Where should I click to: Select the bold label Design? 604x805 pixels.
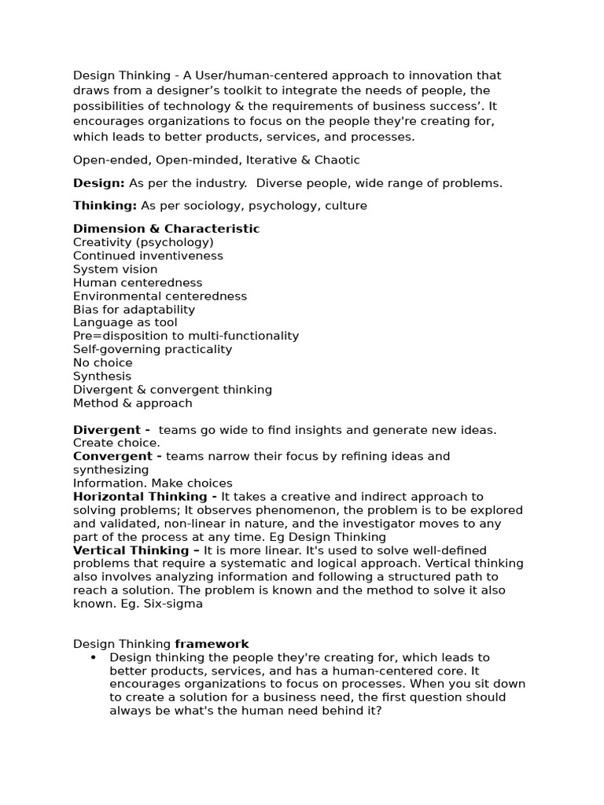tap(99, 183)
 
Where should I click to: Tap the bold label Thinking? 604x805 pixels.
tap(105, 206)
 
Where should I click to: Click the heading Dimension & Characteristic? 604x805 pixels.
tap(166, 229)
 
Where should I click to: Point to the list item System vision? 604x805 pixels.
tap(115, 269)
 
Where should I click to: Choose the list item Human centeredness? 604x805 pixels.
tap(138, 282)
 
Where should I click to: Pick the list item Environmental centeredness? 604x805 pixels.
tap(160, 296)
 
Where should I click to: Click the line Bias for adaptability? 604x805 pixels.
tap(134, 309)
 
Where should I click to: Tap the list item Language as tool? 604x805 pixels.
tap(125, 322)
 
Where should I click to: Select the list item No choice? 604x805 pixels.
tap(103, 362)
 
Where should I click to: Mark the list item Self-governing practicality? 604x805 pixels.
tap(153, 349)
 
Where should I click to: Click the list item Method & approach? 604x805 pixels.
tap(132, 402)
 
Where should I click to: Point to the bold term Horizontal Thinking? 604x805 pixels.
tap(145, 497)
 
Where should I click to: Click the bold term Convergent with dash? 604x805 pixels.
tap(118, 456)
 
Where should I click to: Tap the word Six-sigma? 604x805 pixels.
tap(175, 604)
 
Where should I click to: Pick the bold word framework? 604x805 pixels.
tap(212, 644)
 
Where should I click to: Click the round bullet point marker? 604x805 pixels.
tap(94, 658)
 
